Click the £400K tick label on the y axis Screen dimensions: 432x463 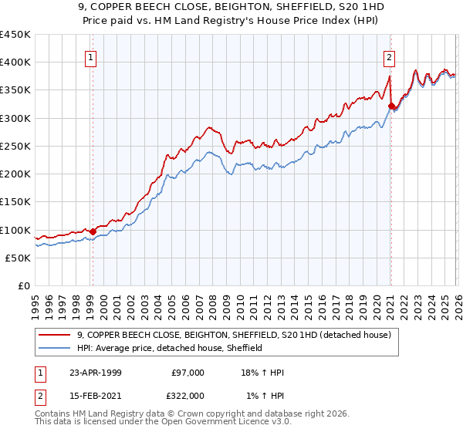15,62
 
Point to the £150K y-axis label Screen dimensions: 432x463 15,201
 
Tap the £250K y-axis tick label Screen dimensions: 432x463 15,146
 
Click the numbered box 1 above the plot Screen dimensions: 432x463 91,57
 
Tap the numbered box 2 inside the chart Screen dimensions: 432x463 389,57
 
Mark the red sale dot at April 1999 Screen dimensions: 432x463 93,231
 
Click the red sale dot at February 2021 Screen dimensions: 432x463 391,106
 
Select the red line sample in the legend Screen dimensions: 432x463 56,335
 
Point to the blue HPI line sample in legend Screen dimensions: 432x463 56,348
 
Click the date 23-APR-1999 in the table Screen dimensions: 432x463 95,373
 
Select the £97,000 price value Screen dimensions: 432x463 188,373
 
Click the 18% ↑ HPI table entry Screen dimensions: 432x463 263,373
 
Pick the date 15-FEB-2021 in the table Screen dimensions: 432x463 95,395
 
